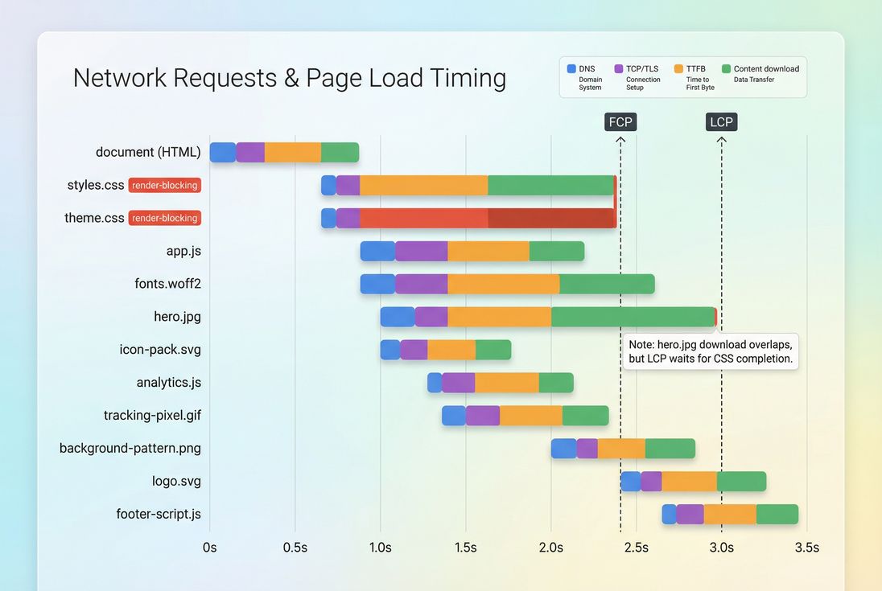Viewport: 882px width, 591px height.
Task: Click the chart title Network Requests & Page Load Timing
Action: pos(290,78)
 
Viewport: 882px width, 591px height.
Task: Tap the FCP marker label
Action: pos(620,121)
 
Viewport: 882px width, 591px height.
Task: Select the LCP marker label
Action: pos(721,121)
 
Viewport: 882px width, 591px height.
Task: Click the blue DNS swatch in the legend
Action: pos(571,69)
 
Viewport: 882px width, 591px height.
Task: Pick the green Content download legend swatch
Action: pos(726,69)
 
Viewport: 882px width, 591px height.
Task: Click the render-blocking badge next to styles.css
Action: pos(164,185)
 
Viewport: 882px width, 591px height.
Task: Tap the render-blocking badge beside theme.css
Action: pos(164,218)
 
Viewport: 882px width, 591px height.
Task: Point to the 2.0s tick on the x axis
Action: pos(551,548)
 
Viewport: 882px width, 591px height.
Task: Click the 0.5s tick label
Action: pos(295,548)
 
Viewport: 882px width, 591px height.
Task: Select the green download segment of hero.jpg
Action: pos(633,317)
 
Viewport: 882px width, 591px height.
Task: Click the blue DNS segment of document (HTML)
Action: pos(223,152)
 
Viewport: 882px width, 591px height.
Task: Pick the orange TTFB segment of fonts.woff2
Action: pos(503,284)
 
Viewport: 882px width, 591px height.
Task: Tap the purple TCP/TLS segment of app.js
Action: pos(421,251)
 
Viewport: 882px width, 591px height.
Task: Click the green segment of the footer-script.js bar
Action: pos(777,514)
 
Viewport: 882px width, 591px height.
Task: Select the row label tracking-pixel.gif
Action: pos(152,415)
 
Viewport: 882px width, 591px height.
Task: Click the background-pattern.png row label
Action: pos(130,448)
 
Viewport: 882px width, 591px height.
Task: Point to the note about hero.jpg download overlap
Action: pos(711,351)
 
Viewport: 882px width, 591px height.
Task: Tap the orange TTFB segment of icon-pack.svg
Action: pos(451,350)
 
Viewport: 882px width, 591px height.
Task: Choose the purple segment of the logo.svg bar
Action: pos(651,481)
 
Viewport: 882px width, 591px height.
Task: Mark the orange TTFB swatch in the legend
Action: pos(678,69)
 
